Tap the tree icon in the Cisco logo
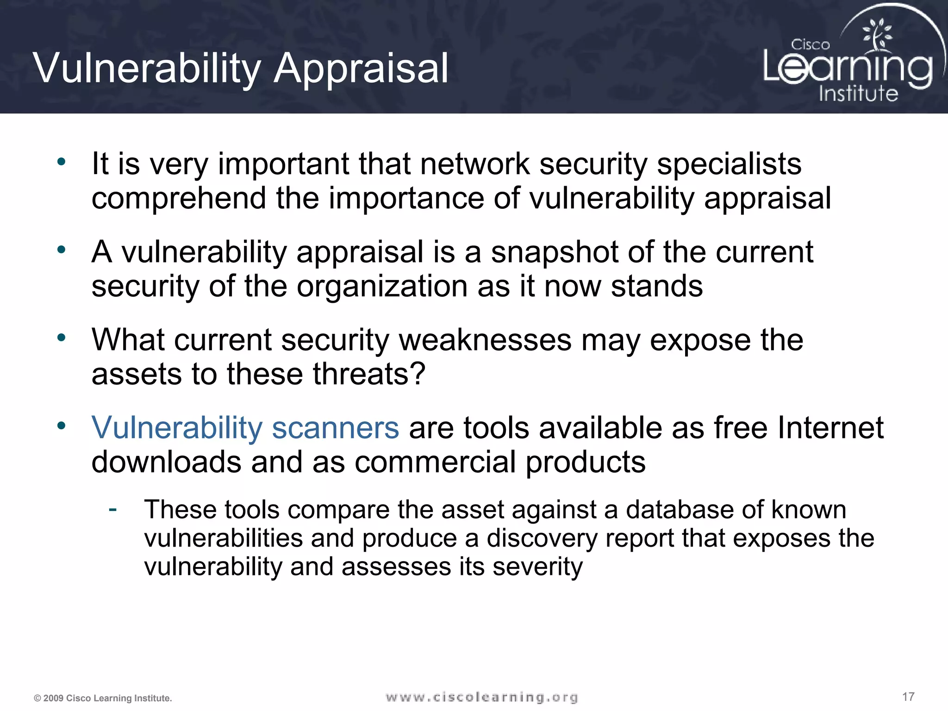click(877, 35)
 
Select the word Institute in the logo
click(858, 94)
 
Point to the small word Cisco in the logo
click(810, 45)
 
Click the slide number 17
click(908, 697)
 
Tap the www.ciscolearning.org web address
click(481, 697)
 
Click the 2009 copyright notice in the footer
click(103, 698)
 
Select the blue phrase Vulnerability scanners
click(245, 427)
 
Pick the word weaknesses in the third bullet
click(485, 340)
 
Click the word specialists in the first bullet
click(729, 164)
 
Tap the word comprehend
click(179, 198)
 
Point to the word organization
click(382, 286)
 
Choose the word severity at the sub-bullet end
click(537, 567)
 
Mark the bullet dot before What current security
click(62, 337)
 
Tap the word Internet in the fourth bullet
click(830, 427)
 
